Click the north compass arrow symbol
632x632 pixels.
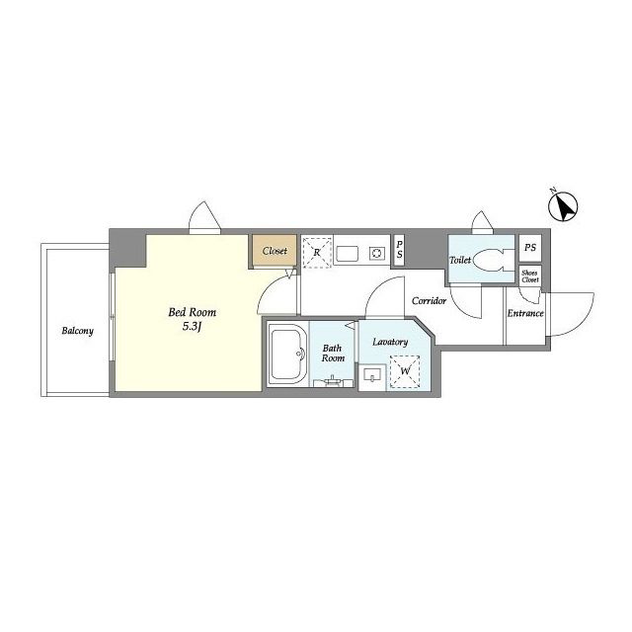click(x=564, y=206)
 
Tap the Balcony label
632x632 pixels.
click(x=77, y=331)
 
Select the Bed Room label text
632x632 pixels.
click(x=193, y=312)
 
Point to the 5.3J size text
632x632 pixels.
click(x=192, y=327)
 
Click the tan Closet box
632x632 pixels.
click(x=275, y=250)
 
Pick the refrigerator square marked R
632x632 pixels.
click(x=317, y=253)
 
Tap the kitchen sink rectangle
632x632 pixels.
click(x=348, y=254)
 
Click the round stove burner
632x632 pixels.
click(x=377, y=254)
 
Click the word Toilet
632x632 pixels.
click(x=460, y=261)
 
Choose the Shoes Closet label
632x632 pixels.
click(x=529, y=276)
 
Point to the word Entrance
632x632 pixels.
click(x=525, y=313)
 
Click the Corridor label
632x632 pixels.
click(x=430, y=300)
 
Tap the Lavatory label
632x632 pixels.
click(x=390, y=343)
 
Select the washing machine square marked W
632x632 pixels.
click(x=405, y=371)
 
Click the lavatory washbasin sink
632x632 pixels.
click(x=372, y=375)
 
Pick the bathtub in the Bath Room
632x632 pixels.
click(x=286, y=354)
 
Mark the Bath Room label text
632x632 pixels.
click(x=333, y=353)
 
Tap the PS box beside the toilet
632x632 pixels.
click(x=530, y=248)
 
